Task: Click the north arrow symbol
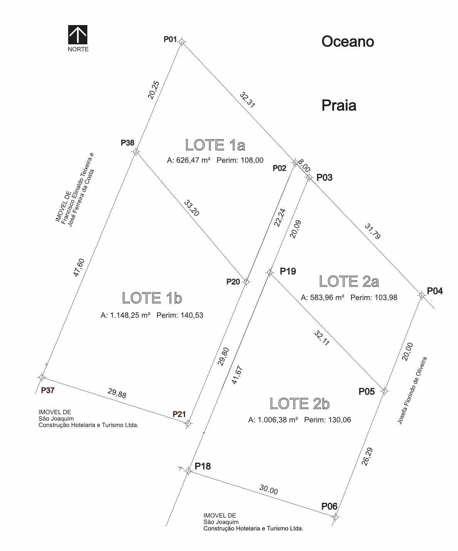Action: tap(78, 35)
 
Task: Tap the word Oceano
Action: tap(348, 41)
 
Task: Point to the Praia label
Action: tap(339, 105)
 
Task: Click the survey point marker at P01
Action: tap(182, 42)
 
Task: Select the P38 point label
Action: tap(127, 143)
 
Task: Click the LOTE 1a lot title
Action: tap(215, 145)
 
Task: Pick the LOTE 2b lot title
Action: tap(300, 403)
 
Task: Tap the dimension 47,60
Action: tap(79, 268)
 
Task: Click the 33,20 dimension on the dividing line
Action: tap(191, 208)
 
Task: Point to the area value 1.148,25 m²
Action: tap(125, 315)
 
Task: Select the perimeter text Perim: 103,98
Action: tap(374, 297)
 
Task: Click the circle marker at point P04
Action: tap(422, 295)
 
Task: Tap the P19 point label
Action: tap(288, 271)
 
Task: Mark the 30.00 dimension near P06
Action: tap(269, 489)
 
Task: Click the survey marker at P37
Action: tap(42, 377)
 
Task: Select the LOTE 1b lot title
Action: tap(152, 298)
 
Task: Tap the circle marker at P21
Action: tap(188, 423)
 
